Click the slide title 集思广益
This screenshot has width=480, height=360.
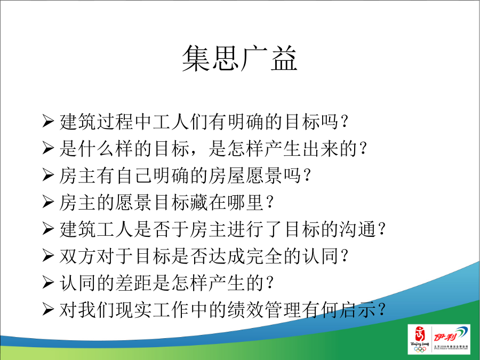[239, 59]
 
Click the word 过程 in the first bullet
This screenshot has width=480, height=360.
[115, 122]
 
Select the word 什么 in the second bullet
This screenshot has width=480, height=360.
[97, 148]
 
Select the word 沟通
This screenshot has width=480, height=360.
[358, 229]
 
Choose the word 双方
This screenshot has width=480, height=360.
[78, 256]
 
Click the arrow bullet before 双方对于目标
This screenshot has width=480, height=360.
[48, 256]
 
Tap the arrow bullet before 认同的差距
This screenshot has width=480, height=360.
[48, 283]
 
